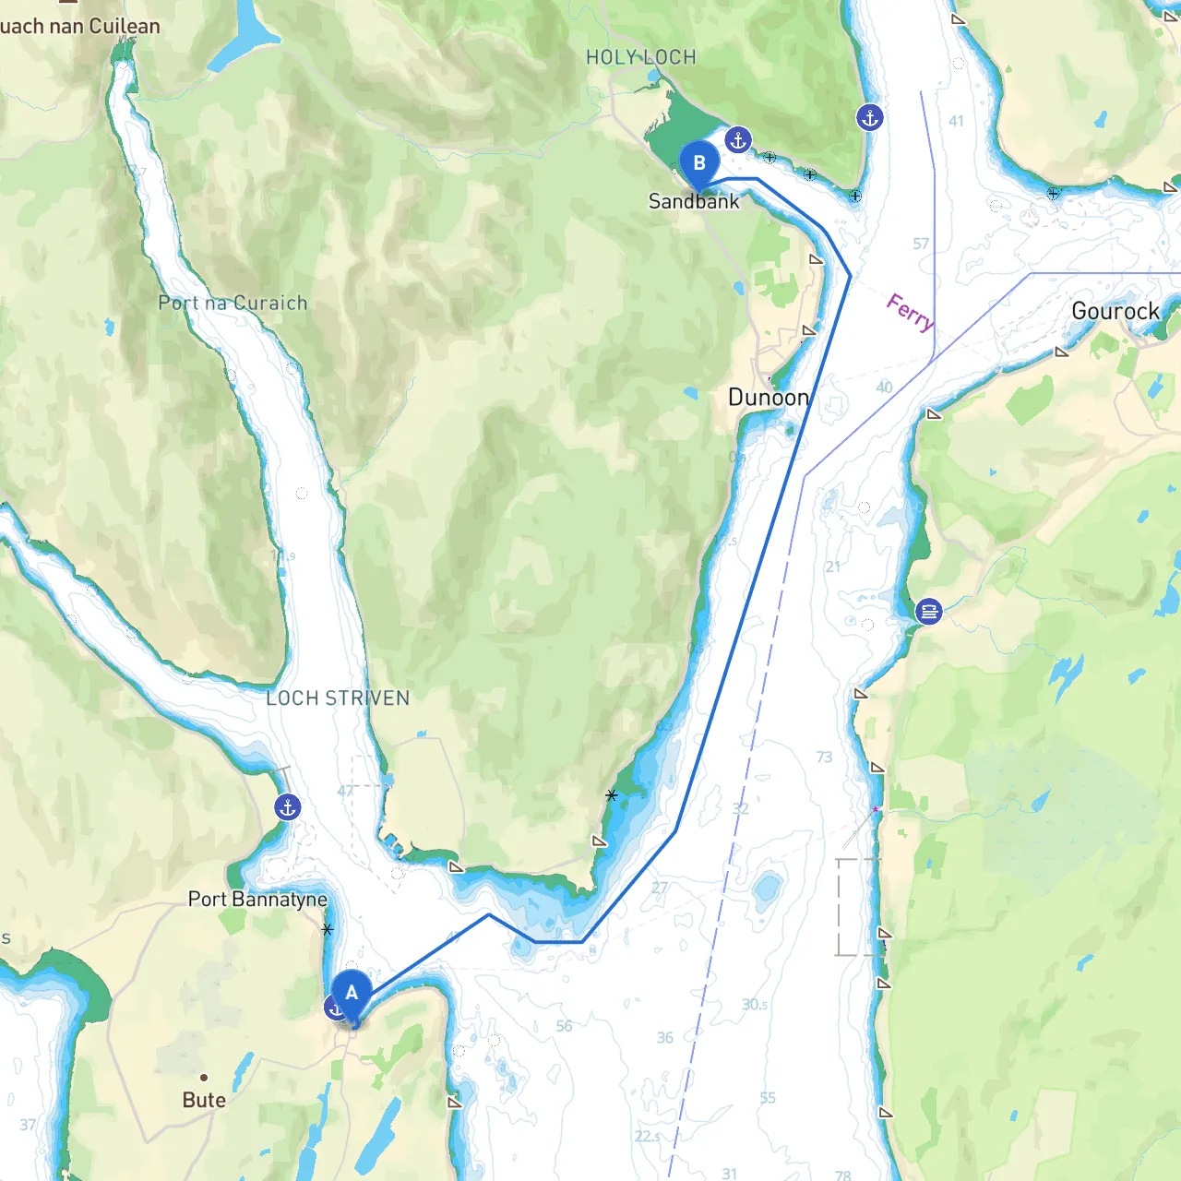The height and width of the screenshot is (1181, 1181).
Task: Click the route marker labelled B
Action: click(699, 164)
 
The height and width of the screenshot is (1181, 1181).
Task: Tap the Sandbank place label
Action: click(694, 201)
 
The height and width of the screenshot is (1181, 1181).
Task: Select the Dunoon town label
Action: click(769, 398)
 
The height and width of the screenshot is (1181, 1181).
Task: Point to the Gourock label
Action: click(1115, 311)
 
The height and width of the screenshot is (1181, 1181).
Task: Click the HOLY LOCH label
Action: click(641, 57)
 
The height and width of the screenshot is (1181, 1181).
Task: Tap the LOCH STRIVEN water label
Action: click(338, 698)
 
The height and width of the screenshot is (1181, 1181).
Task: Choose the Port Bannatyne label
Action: click(257, 899)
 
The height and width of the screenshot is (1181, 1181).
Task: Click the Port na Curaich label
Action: click(233, 303)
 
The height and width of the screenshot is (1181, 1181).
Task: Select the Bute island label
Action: click(204, 1100)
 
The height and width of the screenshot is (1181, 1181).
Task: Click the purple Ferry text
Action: click(910, 312)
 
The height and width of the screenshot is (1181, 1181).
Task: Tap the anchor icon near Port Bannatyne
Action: click(288, 807)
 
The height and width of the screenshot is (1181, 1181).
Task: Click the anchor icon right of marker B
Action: click(737, 140)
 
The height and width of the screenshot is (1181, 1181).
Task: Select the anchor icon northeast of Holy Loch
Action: click(870, 117)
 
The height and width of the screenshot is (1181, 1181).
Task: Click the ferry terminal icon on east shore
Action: click(929, 611)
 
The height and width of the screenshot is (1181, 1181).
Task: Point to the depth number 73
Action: click(824, 758)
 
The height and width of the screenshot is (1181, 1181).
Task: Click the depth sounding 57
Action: click(921, 244)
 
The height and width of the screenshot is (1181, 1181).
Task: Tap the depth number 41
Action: click(956, 121)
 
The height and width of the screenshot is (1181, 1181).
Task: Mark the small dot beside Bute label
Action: click(204, 1077)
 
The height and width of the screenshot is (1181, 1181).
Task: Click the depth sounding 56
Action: click(564, 1026)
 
